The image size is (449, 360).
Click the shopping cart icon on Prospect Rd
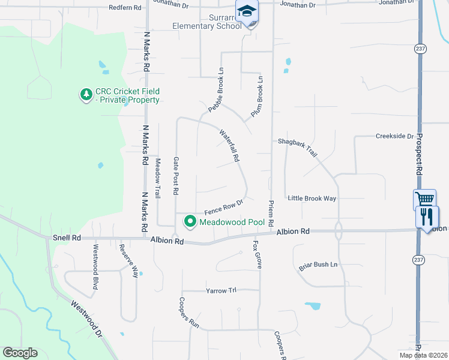click(x=424, y=199)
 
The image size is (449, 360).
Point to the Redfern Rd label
click(x=125, y=8)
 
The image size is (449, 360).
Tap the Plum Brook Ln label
click(x=256, y=96)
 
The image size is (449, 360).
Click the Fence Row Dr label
click(x=223, y=208)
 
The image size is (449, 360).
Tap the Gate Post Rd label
click(x=176, y=176)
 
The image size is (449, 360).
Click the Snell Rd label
click(x=67, y=238)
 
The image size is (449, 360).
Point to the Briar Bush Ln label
click(x=318, y=265)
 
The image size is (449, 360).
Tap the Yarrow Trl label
click(x=221, y=290)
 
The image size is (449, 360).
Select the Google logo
click(x=20, y=353)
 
